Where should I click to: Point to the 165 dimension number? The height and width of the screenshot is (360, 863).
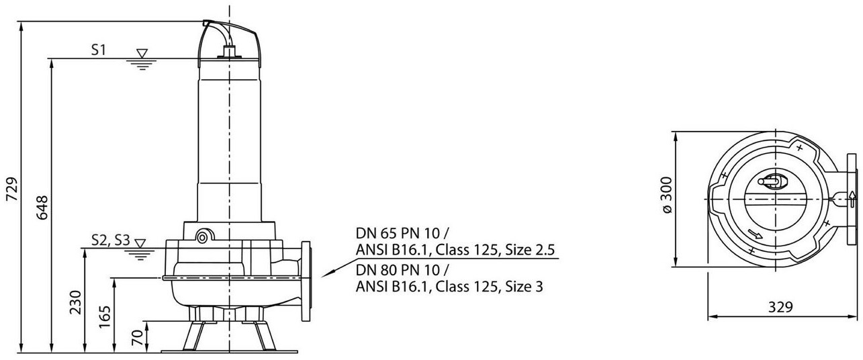point(106,315)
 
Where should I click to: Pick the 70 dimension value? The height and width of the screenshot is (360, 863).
point(138,336)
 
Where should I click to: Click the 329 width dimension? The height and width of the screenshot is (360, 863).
point(780,307)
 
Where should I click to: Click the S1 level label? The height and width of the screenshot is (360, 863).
point(98,50)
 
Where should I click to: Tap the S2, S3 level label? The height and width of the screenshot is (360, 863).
point(110,240)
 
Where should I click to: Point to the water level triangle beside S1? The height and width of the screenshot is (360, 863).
point(142,53)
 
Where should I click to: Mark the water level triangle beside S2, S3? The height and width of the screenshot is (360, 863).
point(140,242)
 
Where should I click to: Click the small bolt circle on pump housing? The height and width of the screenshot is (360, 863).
point(201,235)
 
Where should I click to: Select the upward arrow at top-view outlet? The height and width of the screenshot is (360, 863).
point(851,198)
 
